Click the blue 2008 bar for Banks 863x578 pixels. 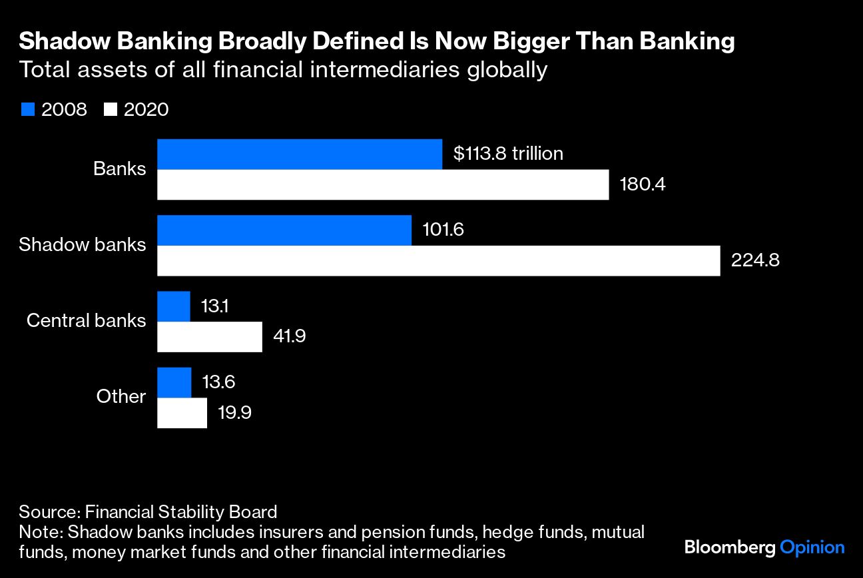300,154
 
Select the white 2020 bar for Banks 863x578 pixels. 383,184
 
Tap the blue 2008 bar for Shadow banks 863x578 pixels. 284,230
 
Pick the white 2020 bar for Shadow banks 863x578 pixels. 439,260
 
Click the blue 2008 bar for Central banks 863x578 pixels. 174,306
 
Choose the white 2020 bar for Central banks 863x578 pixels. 210,336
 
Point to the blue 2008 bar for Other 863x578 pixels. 174,382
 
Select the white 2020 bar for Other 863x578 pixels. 182,412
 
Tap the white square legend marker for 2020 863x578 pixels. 111,110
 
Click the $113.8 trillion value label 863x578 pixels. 508,154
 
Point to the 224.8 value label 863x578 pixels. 755,260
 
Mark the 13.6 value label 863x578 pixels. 218,382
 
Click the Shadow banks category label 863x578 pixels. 82,244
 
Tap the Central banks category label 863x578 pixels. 86,320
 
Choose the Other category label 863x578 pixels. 121,396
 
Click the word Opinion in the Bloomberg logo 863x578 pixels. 812,548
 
